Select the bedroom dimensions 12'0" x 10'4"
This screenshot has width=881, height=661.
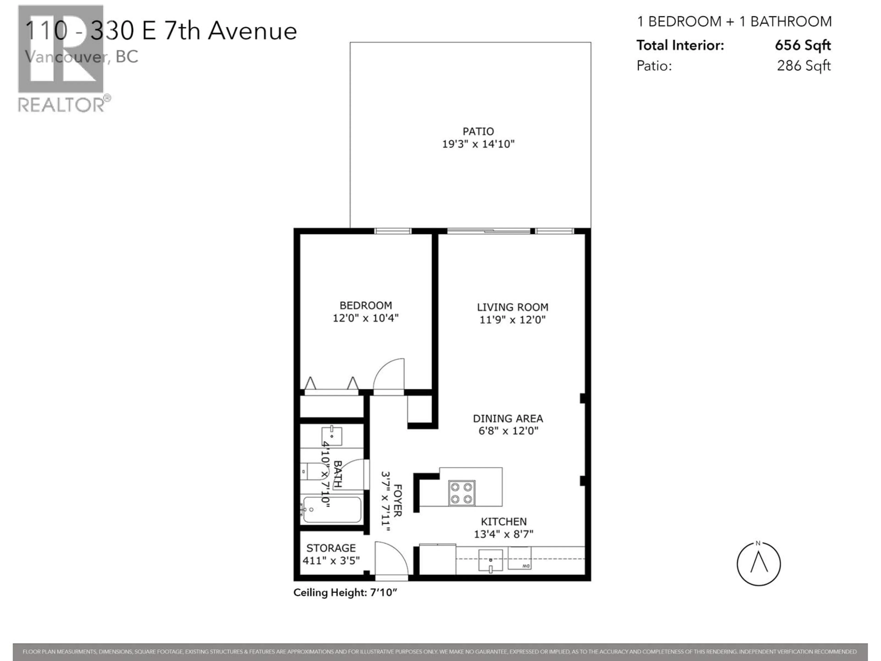coord(366,318)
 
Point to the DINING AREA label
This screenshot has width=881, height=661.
coord(508,418)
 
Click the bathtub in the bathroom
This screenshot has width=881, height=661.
coord(332,510)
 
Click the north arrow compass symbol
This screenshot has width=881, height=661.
coord(758,564)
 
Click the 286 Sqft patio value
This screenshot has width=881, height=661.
coord(803,66)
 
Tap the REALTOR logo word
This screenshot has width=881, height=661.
coord(62,105)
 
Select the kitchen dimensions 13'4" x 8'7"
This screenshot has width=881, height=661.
coord(503,534)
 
